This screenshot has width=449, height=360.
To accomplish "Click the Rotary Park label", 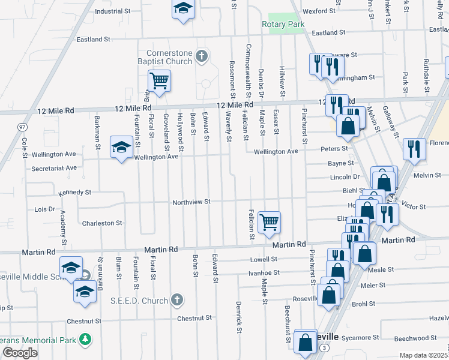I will tap(283, 25).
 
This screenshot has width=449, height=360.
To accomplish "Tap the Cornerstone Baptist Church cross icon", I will tap(202, 57).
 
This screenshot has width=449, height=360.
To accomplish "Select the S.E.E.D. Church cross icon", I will tap(176, 299).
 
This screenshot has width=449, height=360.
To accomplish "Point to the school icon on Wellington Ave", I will tap(121, 147).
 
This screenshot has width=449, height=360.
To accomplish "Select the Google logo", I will tap(19, 353).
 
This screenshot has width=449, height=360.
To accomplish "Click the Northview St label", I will tap(191, 202).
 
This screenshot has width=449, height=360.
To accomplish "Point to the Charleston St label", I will tap(102, 223).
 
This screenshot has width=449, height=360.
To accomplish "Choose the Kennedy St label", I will tap(74, 193).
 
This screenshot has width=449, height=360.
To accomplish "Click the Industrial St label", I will tap(113, 11).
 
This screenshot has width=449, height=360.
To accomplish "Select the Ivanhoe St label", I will tap(265, 272).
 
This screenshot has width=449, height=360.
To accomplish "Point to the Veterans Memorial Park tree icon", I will tap(85, 340).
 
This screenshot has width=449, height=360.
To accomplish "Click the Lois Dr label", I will tap(45, 209).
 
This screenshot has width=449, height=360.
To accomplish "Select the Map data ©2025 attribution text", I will tap(423, 355).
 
